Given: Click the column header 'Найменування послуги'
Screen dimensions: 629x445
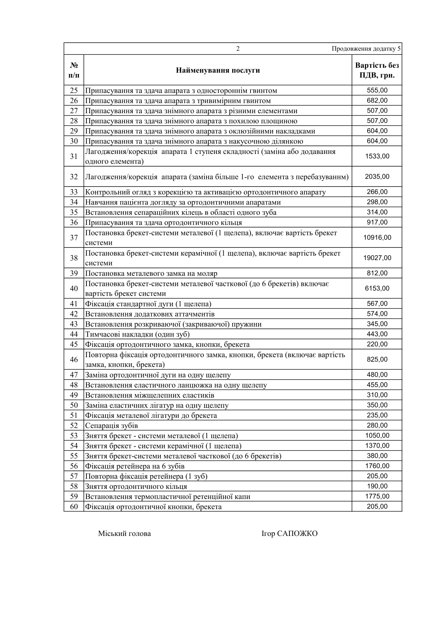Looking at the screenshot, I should [x=218, y=70].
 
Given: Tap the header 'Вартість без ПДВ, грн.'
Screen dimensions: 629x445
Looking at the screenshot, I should [x=377, y=70].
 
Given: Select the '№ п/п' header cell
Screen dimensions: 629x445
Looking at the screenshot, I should [x=74, y=70].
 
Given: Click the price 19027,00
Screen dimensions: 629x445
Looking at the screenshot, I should [x=377, y=258].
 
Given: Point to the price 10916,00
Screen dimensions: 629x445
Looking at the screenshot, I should [x=377, y=238].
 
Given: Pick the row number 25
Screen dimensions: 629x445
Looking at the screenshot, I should [x=74, y=90].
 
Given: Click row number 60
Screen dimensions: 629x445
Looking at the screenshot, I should [x=74, y=507].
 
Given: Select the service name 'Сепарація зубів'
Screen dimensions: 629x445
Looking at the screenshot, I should [x=111, y=426].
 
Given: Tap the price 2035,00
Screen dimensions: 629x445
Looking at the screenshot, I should [x=377, y=176].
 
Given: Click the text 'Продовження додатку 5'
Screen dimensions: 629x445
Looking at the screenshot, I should [x=366, y=49].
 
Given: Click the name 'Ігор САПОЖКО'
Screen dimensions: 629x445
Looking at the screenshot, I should [x=289, y=534].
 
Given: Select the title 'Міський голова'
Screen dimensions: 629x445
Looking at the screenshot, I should [x=125, y=534].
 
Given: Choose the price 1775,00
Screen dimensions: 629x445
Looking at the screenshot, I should [x=377, y=496].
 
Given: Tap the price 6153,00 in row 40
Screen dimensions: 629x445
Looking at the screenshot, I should [x=377, y=289].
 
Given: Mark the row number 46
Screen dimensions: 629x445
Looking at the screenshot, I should [x=74, y=360].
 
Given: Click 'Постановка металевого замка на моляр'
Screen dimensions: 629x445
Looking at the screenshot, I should [x=151, y=274].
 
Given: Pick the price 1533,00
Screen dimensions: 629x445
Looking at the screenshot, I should [x=377, y=156].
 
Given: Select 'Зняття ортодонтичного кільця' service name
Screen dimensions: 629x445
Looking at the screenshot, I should [x=136, y=487].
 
